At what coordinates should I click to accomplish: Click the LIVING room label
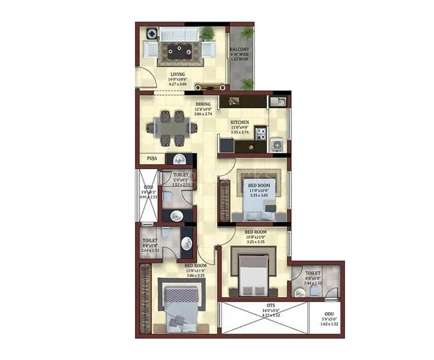177,74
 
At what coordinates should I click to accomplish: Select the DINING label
203,104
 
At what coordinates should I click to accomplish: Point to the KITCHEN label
240,122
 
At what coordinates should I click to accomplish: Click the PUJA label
152,159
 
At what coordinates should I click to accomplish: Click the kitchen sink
277,101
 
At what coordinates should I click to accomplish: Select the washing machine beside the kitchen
277,145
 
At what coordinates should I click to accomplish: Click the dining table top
175,127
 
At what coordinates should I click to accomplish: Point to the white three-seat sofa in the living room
182,34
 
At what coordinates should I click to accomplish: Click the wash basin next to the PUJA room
178,159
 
